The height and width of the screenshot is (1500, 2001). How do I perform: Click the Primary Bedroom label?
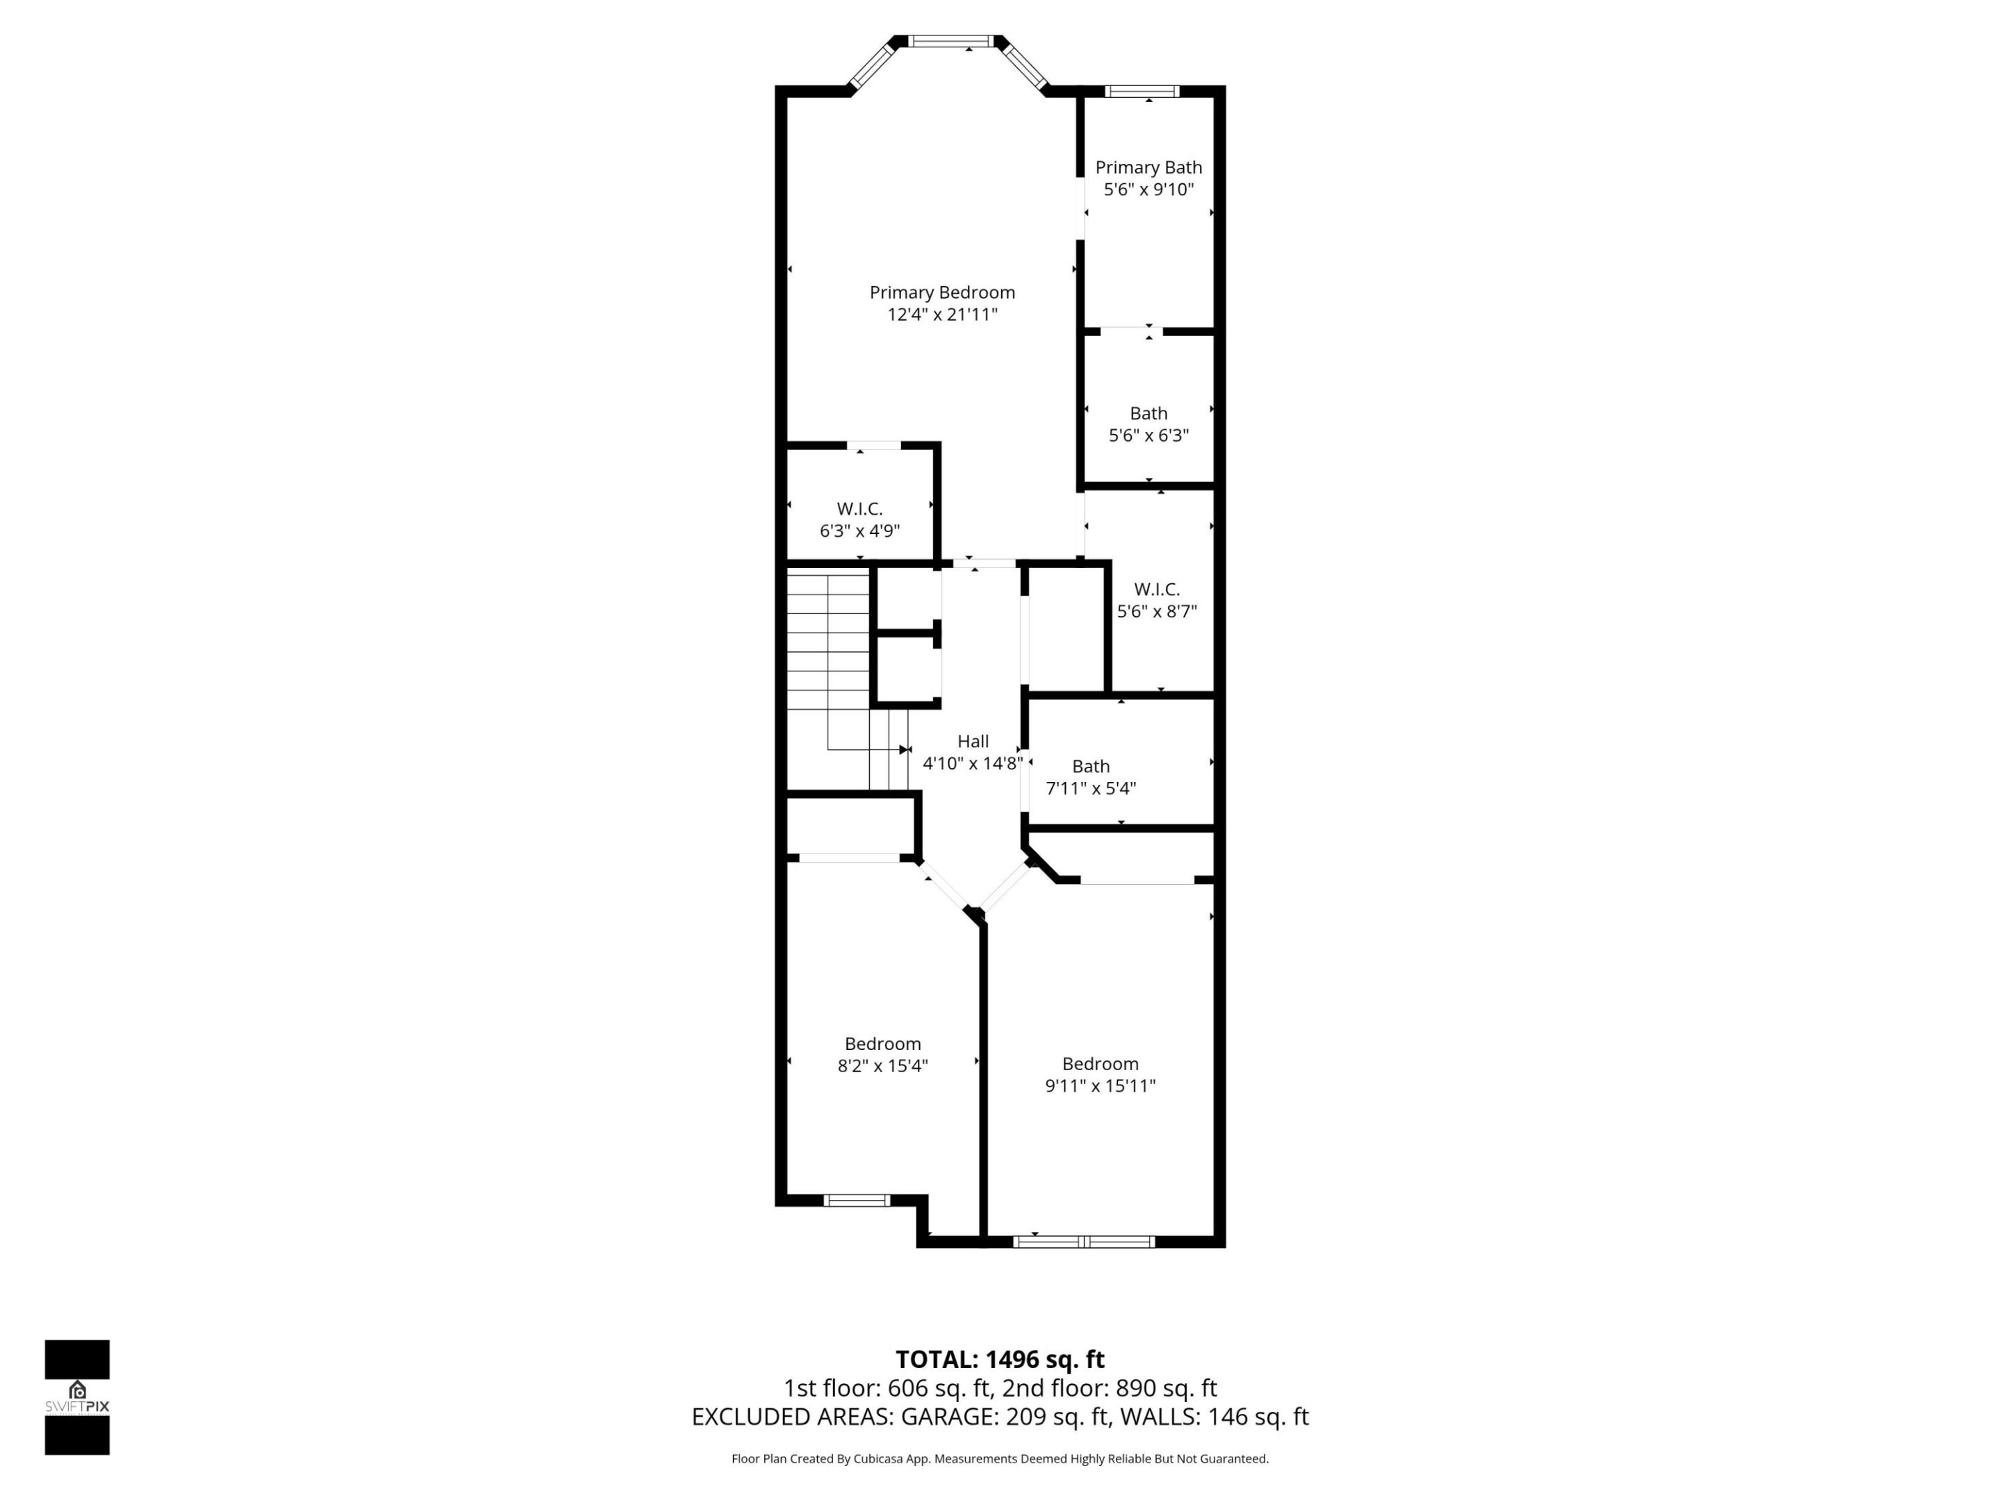[941, 292]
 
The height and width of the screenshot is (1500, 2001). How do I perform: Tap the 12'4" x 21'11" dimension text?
[941, 315]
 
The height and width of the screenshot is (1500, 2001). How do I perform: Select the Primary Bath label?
[1148, 167]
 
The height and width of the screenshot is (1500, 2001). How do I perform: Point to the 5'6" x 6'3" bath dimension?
[1148, 435]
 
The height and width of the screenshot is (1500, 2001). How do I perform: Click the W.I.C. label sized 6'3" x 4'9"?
[859, 509]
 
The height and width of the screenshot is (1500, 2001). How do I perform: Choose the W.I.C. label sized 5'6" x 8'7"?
[1156, 590]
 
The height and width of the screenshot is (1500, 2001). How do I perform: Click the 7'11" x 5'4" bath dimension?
[1090, 788]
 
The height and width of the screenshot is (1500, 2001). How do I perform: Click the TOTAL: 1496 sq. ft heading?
[1000, 1360]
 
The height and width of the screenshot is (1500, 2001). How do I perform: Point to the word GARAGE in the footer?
[949, 1417]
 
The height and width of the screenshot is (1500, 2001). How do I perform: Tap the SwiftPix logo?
[77, 1397]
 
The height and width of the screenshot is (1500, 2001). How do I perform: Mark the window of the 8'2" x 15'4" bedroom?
[857, 1201]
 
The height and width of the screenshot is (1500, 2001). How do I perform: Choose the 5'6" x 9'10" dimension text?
[1148, 190]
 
